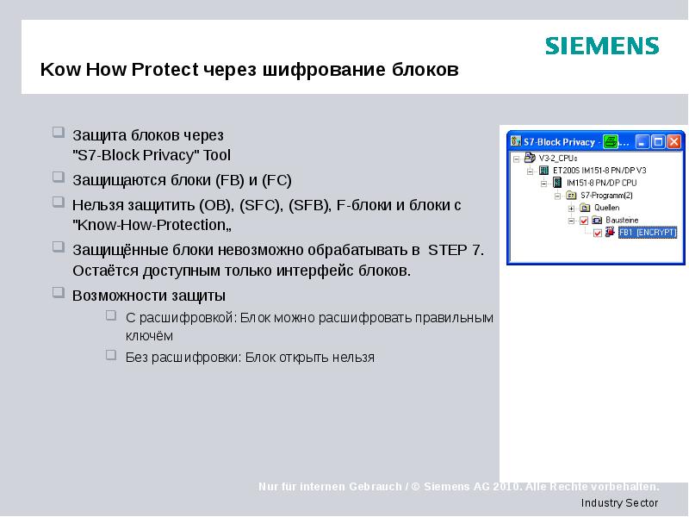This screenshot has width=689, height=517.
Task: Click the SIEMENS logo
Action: (x=602, y=46)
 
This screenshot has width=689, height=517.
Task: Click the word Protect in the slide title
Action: (x=165, y=70)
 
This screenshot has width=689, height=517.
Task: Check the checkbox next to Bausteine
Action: (x=584, y=221)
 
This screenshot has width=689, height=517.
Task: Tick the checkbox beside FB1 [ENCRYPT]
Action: (x=597, y=233)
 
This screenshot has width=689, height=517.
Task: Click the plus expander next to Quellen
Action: (x=571, y=208)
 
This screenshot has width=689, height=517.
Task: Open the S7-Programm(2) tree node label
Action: (x=606, y=196)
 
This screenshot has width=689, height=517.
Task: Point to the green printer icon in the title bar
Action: (x=610, y=141)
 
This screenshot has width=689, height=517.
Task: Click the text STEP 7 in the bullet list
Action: (x=456, y=251)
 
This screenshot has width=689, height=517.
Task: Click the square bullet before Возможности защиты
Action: (x=58, y=293)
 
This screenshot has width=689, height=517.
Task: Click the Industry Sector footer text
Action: (x=619, y=502)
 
